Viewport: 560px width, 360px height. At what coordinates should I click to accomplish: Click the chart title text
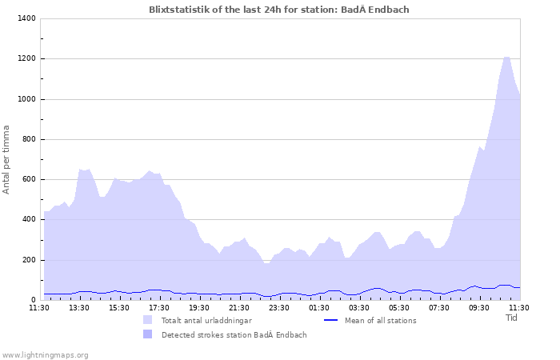(284, 10)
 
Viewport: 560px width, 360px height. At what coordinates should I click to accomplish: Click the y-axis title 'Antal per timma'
(7, 158)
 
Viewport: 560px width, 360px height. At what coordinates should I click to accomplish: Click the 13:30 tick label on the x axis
(79, 307)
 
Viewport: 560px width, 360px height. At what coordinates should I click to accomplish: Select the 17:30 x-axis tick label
(159, 307)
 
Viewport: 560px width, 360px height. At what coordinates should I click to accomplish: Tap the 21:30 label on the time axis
(239, 307)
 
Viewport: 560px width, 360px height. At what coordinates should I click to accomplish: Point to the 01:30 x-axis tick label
(319, 307)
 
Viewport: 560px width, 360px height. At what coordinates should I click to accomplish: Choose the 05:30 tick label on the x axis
(399, 307)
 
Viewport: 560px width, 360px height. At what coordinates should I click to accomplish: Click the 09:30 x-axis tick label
(479, 307)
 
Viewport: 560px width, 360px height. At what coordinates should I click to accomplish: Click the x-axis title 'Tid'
(512, 317)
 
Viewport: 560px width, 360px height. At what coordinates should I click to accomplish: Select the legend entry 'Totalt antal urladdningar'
(206, 320)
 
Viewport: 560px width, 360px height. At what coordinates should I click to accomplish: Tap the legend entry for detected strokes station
(234, 334)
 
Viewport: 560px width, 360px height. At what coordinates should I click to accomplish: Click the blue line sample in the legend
(331, 320)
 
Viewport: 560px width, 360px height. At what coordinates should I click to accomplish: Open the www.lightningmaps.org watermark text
(45, 354)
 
